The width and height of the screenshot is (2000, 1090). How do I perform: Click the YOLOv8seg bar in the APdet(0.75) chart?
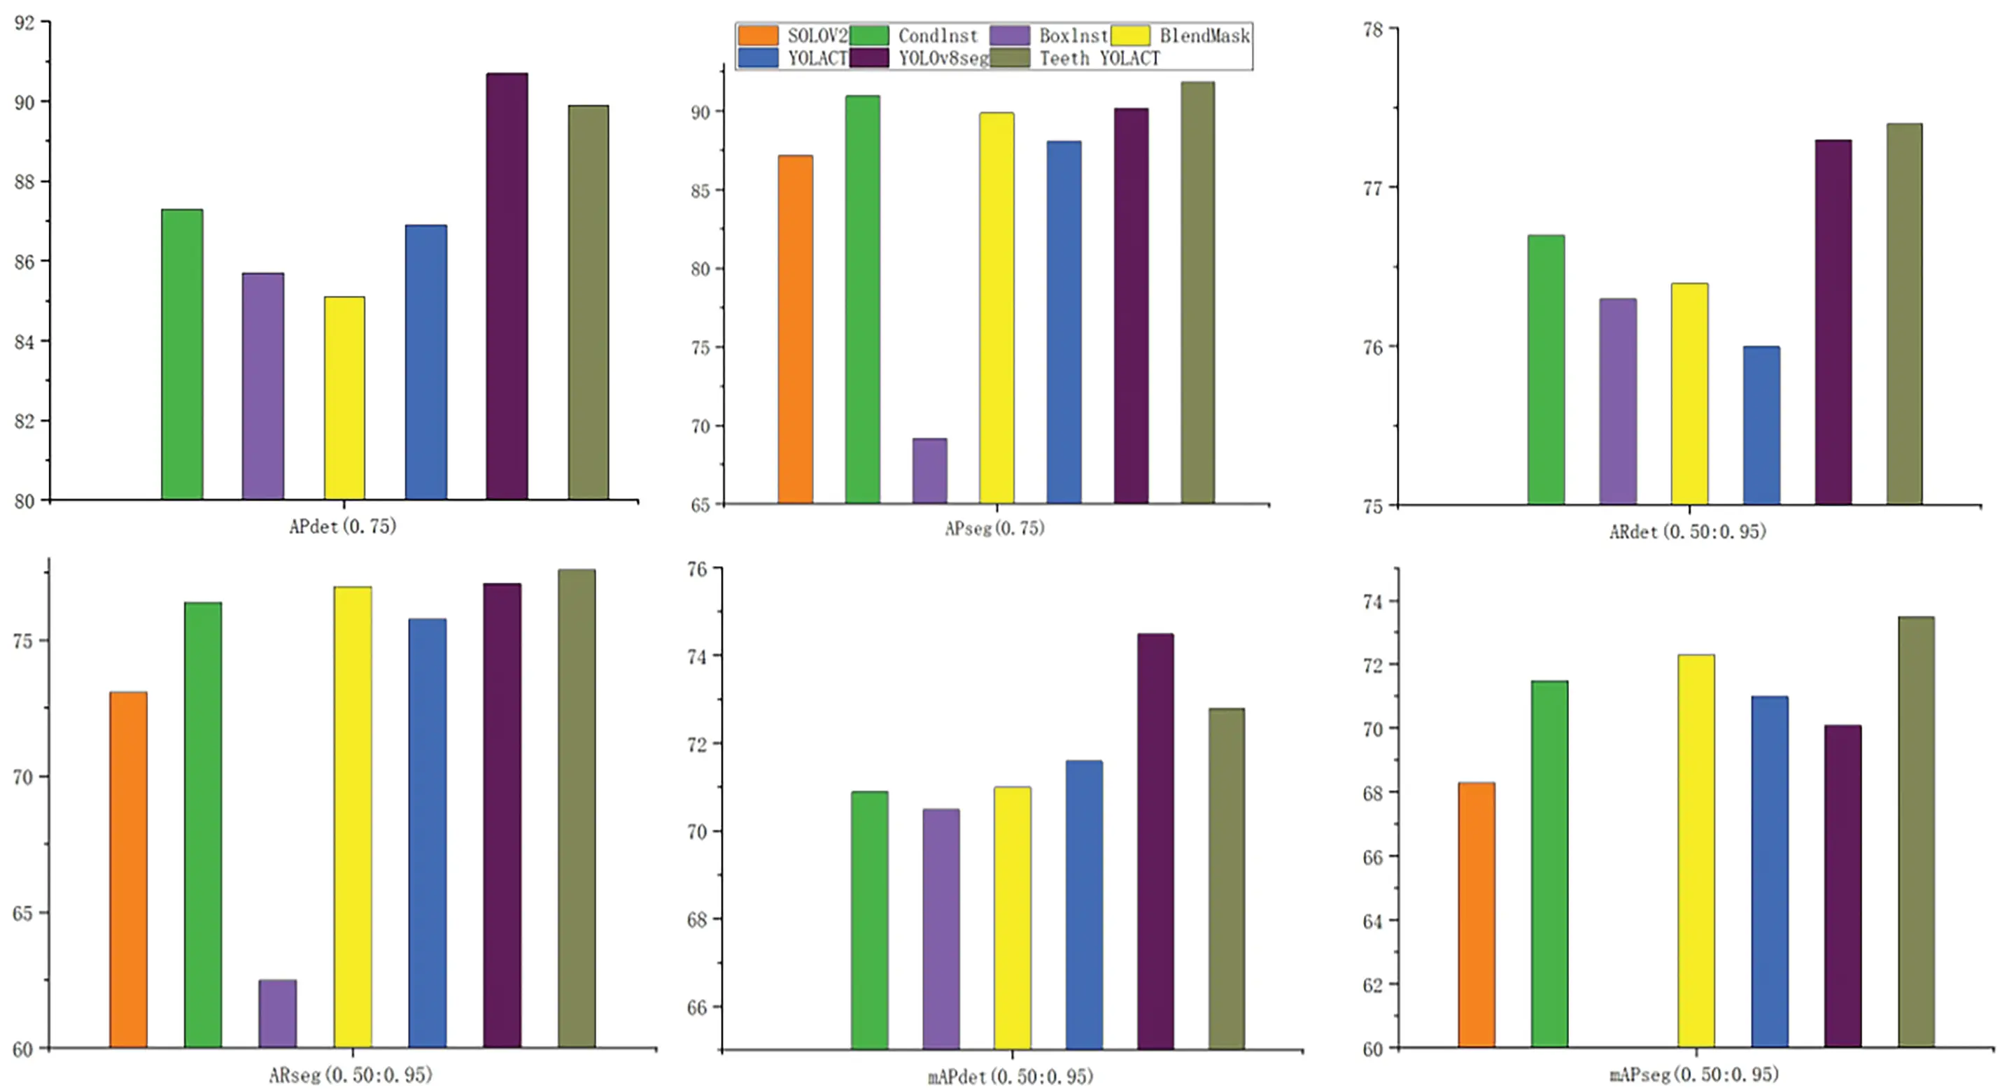point(506,288)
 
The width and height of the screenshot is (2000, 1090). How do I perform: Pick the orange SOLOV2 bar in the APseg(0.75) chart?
point(795,330)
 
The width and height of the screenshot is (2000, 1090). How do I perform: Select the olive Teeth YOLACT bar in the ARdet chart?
point(1903,314)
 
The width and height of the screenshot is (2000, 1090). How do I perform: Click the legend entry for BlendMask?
point(1204,35)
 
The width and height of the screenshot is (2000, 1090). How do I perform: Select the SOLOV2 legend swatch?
point(757,35)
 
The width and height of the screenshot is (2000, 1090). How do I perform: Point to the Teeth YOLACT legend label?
point(1099,58)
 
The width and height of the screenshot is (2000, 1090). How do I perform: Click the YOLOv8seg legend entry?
point(943,58)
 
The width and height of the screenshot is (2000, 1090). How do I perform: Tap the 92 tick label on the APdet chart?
point(25,22)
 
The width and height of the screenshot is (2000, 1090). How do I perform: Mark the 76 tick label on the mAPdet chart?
point(696,569)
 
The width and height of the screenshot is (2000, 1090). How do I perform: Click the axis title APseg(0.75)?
point(994,529)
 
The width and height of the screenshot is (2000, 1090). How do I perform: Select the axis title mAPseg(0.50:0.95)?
point(1693,1074)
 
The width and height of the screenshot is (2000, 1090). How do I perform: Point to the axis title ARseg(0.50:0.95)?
point(350,1075)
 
